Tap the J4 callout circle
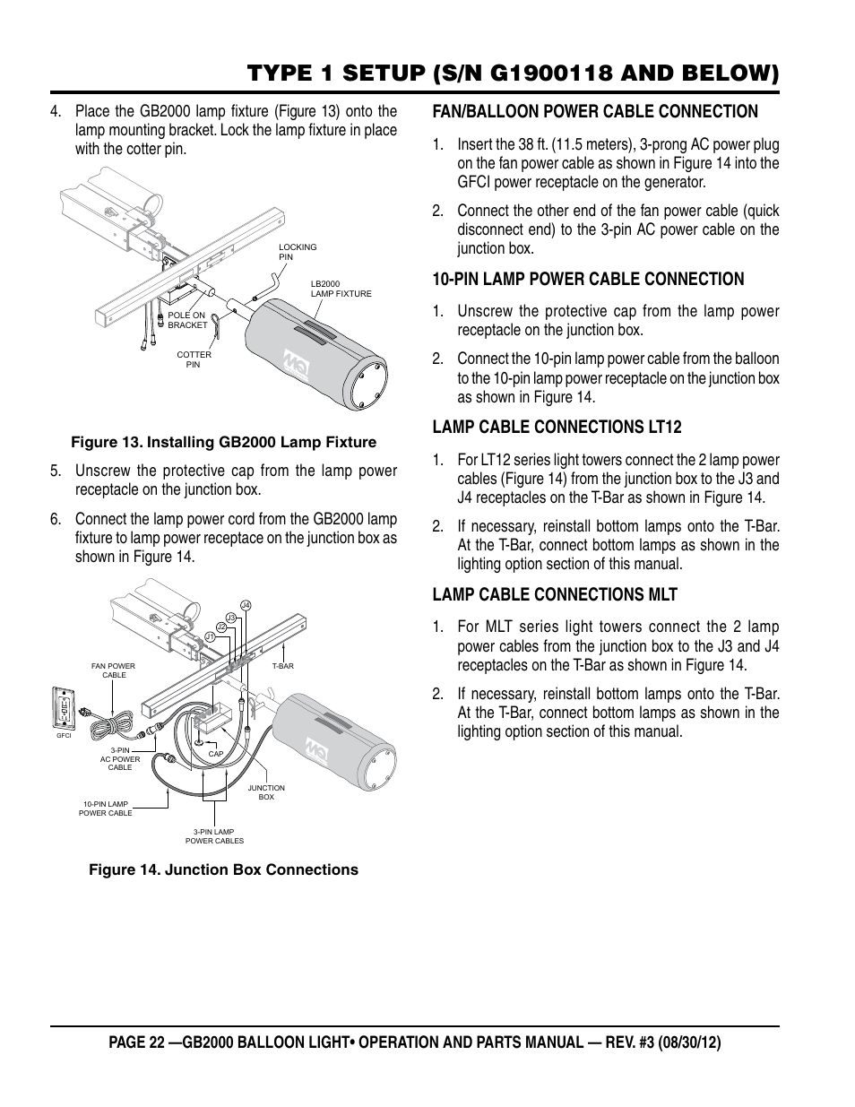(x=246, y=605)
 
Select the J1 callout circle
(x=209, y=636)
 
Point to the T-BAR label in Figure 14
(x=282, y=666)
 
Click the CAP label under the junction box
(x=215, y=754)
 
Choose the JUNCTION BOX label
(x=266, y=792)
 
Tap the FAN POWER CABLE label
(x=114, y=670)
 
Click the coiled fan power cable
(x=112, y=721)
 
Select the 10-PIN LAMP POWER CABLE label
(x=106, y=809)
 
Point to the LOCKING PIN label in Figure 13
(x=297, y=252)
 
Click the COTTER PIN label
(x=194, y=359)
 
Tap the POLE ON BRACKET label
(x=186, y=320)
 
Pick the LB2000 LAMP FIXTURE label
(x=341, y=289)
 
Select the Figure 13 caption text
(x=223, y=442)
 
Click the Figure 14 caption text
(x=222, y=869)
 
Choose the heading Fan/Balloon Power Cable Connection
(x=595, y=111)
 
